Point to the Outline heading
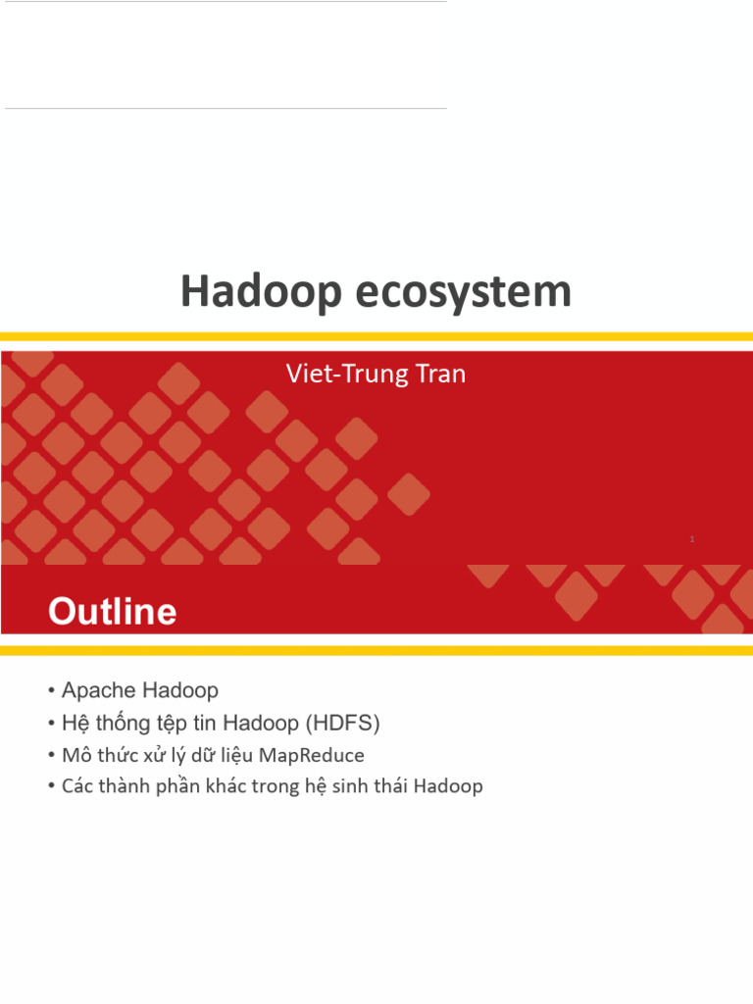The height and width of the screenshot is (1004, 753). coord(113,613)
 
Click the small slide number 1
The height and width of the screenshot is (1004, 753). coord(692,539)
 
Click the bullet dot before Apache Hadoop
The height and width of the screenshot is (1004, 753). coord(51,691)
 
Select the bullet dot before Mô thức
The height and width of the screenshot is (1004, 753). coord(51,756)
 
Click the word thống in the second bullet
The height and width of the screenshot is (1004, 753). coord(120,724)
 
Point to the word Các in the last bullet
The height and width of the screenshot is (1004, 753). coord(76,786)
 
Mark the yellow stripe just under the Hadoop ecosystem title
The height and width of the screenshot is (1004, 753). coord(376,336)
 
